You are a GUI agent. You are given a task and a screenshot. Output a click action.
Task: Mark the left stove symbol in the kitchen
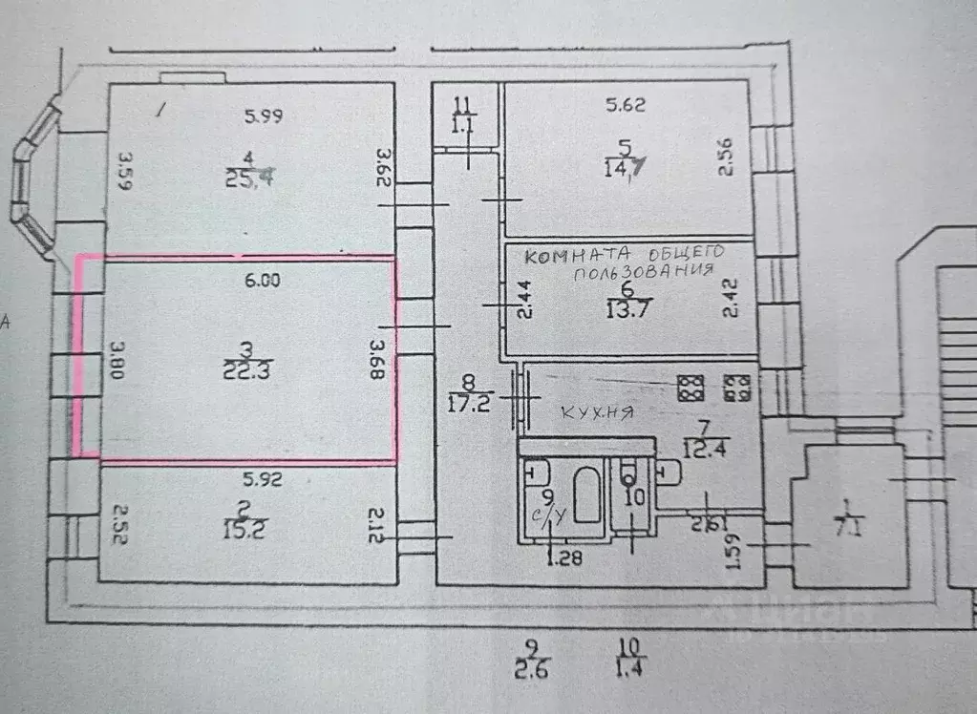pyautogui.click(x=690, y=387)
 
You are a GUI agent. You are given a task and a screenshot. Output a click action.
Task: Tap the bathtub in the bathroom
pyautogui.click(x=578, y=496)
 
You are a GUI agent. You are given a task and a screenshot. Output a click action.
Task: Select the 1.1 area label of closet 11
pyautogui.click(x=463, y=123)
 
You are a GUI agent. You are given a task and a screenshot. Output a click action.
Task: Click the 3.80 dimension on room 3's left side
pyautogui.click(x=118, y=361)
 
